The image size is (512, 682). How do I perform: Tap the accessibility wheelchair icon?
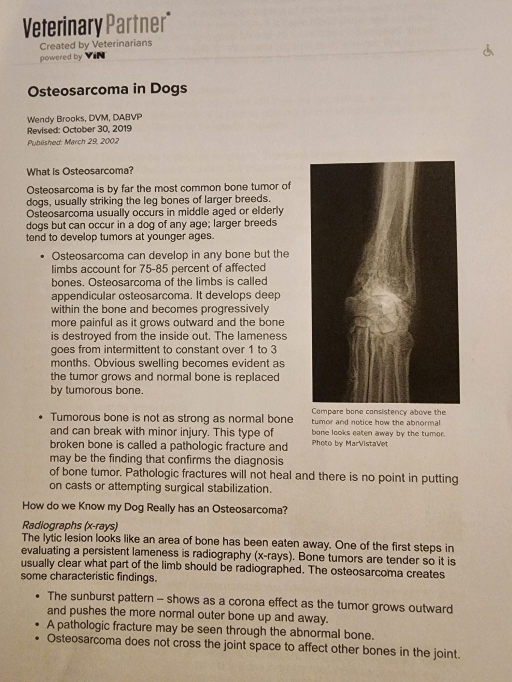(488, 50)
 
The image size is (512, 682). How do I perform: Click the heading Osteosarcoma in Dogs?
(107, 90)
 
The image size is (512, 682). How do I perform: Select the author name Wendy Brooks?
(56, 119)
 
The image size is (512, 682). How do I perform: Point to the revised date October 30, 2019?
(97, 129)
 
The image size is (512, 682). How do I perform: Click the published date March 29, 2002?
(91, 141)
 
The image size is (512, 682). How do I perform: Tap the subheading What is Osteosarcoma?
(80, 171)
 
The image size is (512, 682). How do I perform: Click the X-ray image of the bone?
(384, 282)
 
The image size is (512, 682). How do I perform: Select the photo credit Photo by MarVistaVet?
(349, 444)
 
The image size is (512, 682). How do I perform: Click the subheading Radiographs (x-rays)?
(70, 525)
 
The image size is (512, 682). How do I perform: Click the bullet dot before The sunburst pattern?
(38, 596)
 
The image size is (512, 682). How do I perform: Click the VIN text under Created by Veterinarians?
(95, 55)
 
